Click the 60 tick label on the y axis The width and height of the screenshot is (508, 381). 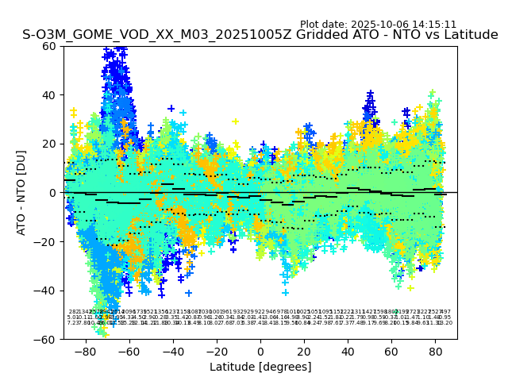coord(48,46)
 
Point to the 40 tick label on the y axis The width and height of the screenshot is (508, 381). coord(48,95)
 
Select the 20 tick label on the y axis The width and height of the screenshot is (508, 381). coord(48,144)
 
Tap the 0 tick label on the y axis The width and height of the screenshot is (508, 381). coord(52,193)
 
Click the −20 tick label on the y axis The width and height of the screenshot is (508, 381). coord(45,241)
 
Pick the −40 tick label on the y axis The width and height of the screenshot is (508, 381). coord(45,291)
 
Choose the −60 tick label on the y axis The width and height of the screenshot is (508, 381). coord(45,339)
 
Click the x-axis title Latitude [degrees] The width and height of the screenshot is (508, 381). coord(260,367)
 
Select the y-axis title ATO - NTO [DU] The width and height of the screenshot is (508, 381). coord(21,193)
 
